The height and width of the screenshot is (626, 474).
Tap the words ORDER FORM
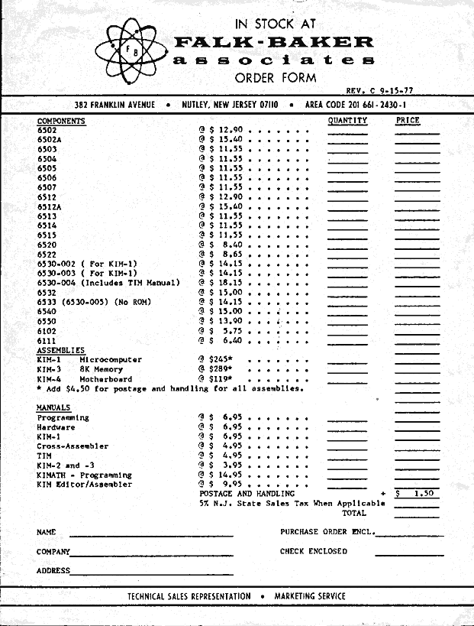pyautogui.click(x=276, y=77)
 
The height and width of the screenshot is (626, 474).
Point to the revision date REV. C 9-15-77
pyautogui.click(x=379, y=91)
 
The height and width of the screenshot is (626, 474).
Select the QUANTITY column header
pyautogui.click(x=347, y=121)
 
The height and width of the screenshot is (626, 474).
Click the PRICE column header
pyautogui.click(x=408, y=121)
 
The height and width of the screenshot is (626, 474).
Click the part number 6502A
pyautogui.click(x=49, y=140)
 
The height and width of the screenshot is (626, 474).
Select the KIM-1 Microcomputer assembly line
pyautogui.click(x=89, y=359)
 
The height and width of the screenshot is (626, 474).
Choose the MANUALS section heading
pyautogui.click(x=53, y=408)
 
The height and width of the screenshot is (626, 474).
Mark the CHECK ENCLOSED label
pyautogui.click(x=313, y=550)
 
